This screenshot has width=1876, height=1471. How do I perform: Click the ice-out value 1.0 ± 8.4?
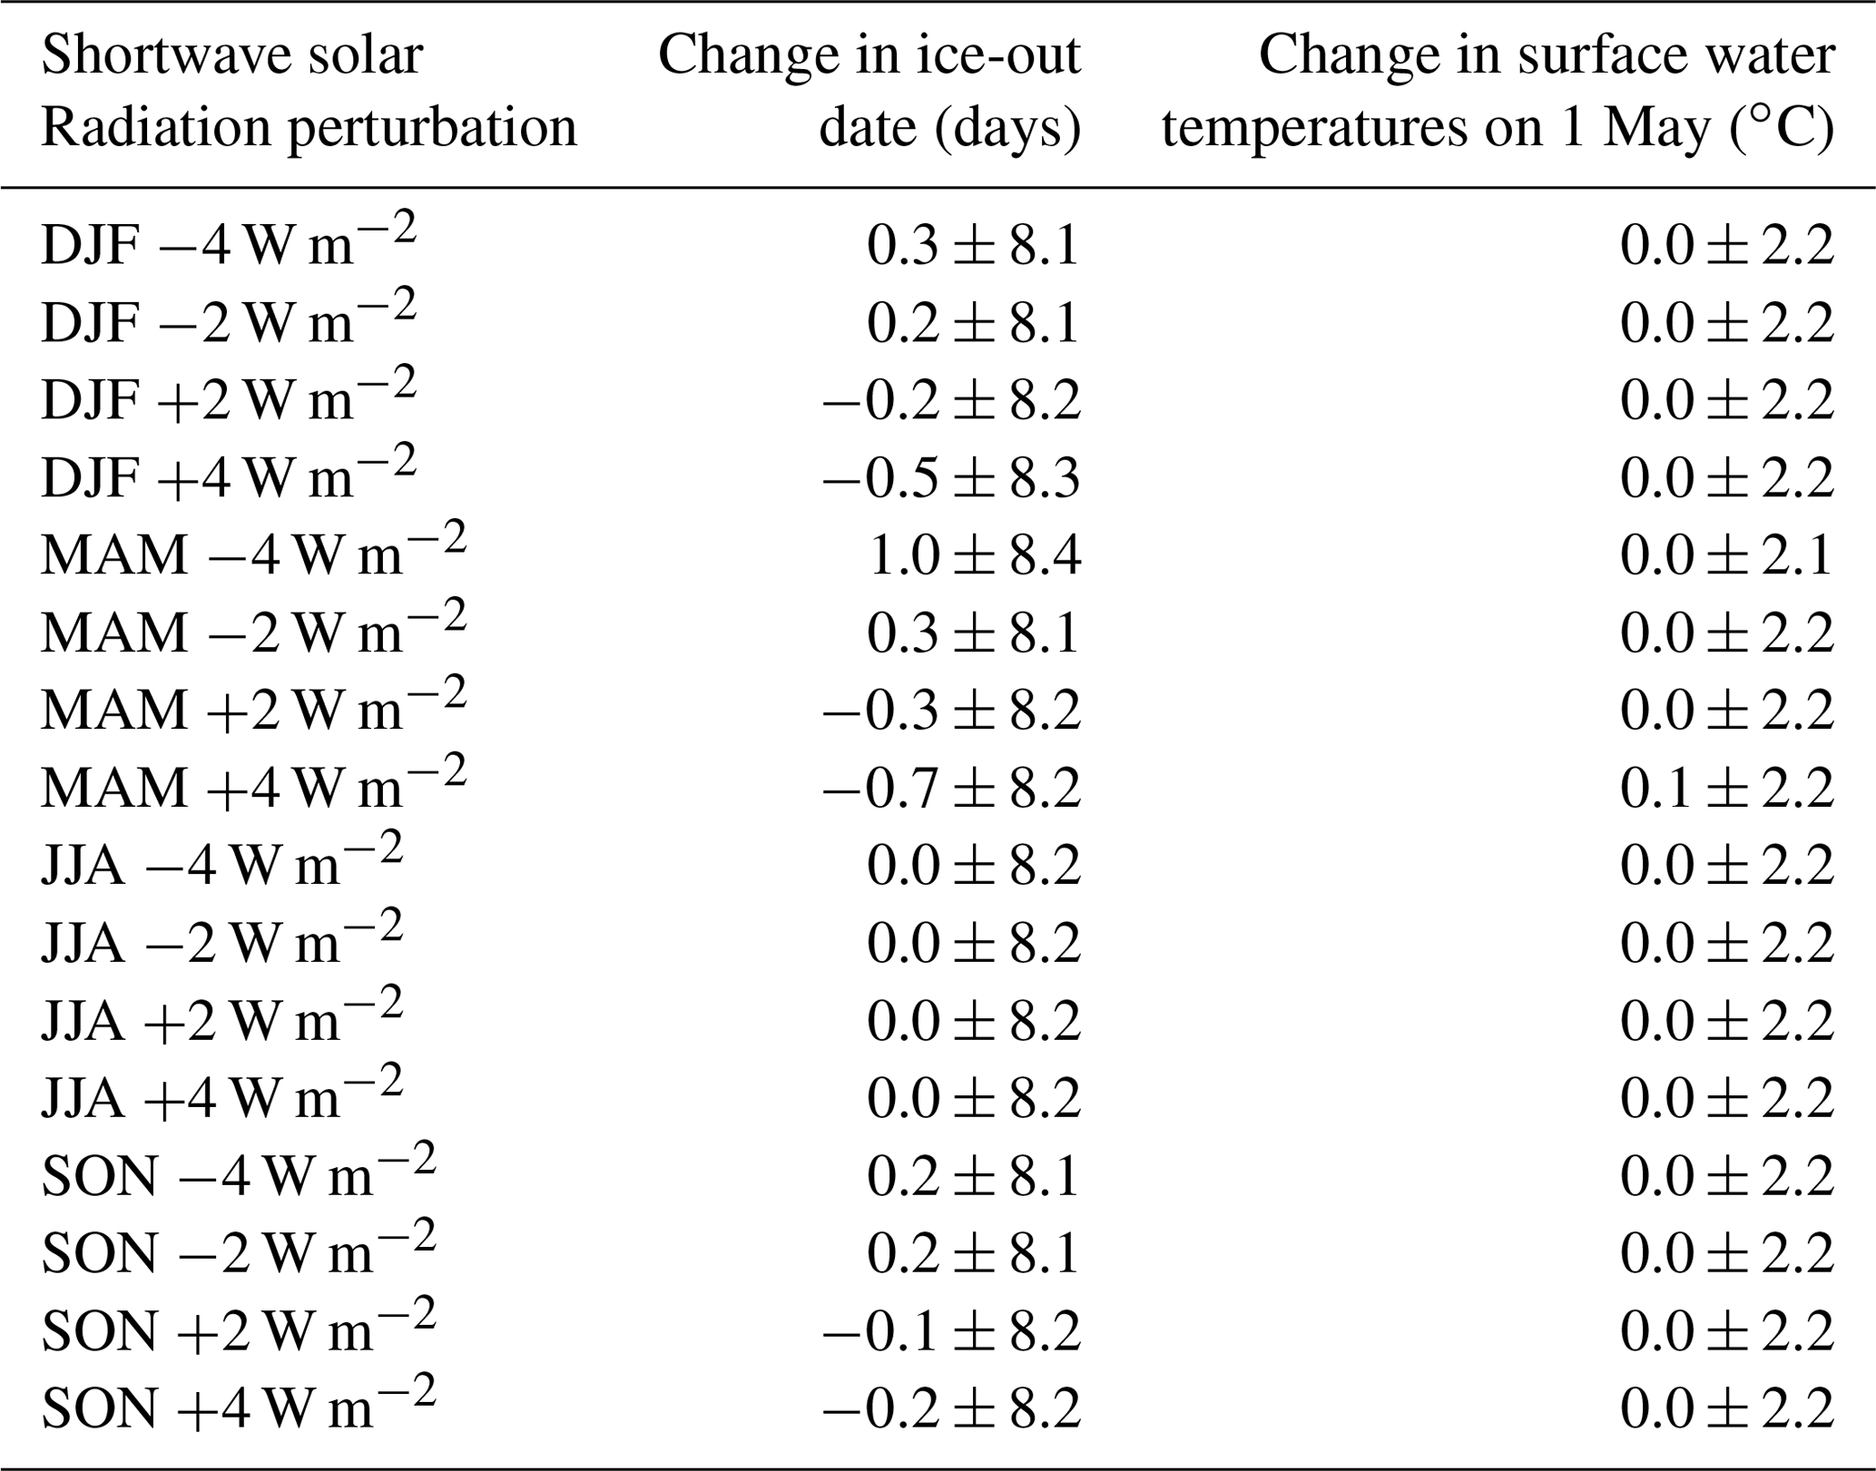click(x=974, y=554)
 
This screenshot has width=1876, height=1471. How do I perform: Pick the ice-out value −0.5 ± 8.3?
click(x=951, y=477)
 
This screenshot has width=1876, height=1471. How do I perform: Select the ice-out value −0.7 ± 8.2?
click(x=951, y=787)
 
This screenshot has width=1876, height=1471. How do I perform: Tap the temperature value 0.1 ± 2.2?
click(x=1726, y=787)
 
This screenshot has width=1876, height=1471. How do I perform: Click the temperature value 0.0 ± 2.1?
click(x=1726, y=554)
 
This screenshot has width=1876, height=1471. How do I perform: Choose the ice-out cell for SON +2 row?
click(x=951, y=1330)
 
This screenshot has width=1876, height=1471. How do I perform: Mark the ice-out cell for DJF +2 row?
click(x=951, y=399)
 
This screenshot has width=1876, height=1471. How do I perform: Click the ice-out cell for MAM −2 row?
click(x=974, y=633)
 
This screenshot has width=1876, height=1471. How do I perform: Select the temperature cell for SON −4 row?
click(x=1726, y=1175)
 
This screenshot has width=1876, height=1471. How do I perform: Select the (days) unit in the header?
click(x=1007, y=127)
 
